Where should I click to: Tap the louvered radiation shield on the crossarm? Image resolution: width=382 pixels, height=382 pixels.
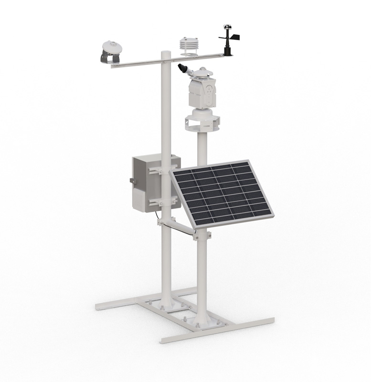tap(188, 46)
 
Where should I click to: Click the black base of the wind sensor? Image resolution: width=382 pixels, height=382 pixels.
tap(228, 50)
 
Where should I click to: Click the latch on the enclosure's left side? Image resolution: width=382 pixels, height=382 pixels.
tap(131, 180)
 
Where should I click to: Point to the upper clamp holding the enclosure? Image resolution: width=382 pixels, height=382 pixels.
tap(160, 169)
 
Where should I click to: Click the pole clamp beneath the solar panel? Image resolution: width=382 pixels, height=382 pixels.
tap(202, 235)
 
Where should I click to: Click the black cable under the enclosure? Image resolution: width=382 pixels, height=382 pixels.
tap(156, 217)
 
